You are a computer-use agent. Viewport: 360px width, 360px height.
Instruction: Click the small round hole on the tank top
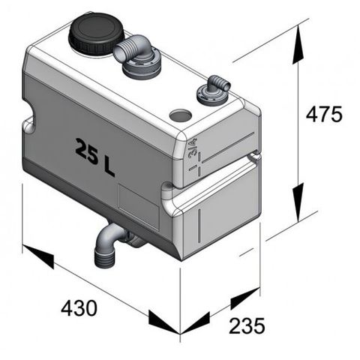pos(180,116)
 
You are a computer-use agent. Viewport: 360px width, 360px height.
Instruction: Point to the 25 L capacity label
pos(95,155)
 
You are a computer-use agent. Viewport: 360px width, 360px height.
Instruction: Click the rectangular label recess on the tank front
pos(139,205)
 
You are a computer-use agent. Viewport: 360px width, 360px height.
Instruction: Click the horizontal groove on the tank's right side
pos(225,168)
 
